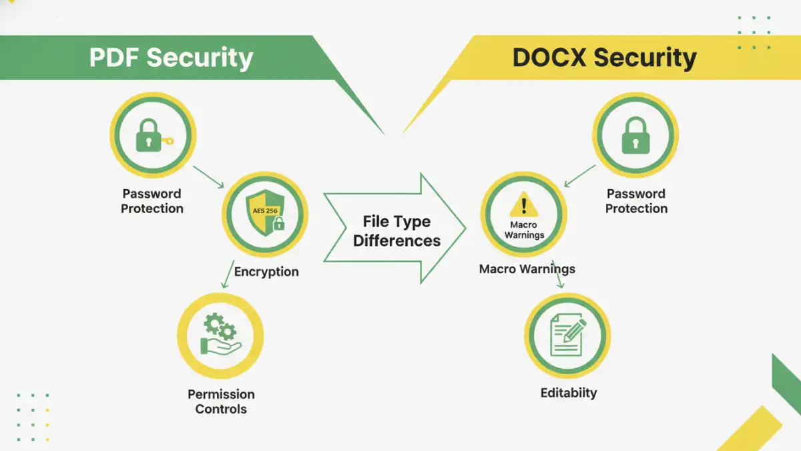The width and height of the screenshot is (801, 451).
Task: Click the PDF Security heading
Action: point(171,57)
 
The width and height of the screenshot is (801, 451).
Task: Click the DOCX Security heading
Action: point(604,57)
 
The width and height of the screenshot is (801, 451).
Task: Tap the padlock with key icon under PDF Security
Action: point(153,136)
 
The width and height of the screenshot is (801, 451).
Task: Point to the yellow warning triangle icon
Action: point(524,205)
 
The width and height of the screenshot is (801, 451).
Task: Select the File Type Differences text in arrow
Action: point(396,231)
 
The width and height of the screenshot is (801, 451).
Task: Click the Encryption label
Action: point(266,272)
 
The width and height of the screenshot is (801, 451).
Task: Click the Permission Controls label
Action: point(221,402)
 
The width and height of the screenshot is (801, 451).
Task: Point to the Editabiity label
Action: point(569,393)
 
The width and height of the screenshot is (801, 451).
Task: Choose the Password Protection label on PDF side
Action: point(152,201)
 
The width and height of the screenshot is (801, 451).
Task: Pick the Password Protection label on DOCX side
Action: point(636,201)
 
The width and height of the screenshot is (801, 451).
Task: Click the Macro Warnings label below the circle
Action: point(527,269)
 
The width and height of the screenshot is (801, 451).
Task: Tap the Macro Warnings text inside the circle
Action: point(524,230)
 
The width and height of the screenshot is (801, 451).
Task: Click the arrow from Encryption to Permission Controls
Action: point(227,275)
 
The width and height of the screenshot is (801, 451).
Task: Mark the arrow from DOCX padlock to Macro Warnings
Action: point(580,176)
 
